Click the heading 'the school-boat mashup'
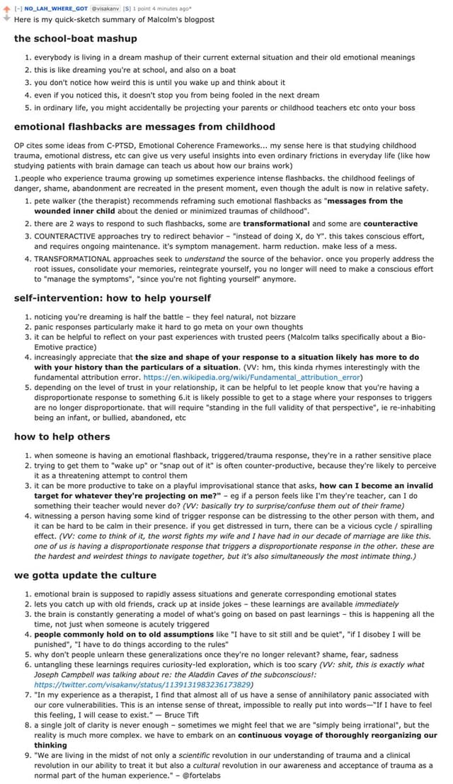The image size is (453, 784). coord(76,38)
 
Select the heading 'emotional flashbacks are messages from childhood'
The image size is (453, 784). coord(144,127)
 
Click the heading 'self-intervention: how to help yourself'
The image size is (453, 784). coord(113,298)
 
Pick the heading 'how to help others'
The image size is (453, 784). coord(62,436)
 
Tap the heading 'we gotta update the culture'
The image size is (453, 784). coord(85,575)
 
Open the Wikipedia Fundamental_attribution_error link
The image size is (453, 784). coord(253,377)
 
